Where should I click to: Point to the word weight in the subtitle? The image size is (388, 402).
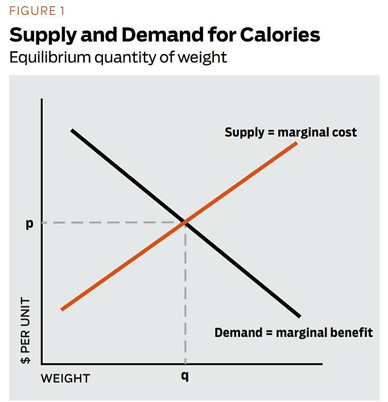pos(202,57)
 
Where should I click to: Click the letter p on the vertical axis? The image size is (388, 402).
pos(29,223)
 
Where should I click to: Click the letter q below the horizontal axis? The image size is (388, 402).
pos(185,376)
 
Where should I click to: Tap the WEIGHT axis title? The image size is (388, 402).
pos(65,378)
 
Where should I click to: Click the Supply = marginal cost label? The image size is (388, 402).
pos(291,132)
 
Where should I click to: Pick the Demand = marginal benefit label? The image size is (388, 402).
pos(294,333)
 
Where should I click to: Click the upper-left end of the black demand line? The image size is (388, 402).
pos(72,131)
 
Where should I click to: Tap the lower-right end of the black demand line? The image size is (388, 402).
pos(299,316)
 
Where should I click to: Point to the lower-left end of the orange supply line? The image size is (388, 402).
pos(61,309)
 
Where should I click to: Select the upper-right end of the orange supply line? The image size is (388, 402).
pos(296,143)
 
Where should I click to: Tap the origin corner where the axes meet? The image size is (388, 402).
pos(42,363)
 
